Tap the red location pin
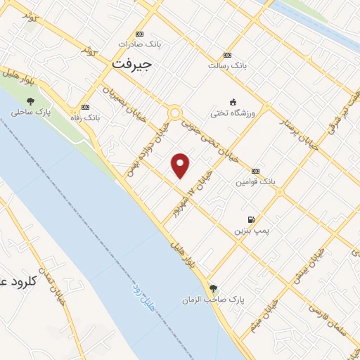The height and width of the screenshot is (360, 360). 181,165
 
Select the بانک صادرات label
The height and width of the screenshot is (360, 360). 139,44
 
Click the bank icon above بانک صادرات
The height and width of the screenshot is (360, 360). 139,34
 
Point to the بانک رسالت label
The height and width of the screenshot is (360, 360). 227,65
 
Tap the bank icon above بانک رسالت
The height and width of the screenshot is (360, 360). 227,55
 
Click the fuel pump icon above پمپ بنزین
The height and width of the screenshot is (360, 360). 252,219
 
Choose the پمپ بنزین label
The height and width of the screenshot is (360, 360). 252,230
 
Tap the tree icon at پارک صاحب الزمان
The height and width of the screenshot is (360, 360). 213,288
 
